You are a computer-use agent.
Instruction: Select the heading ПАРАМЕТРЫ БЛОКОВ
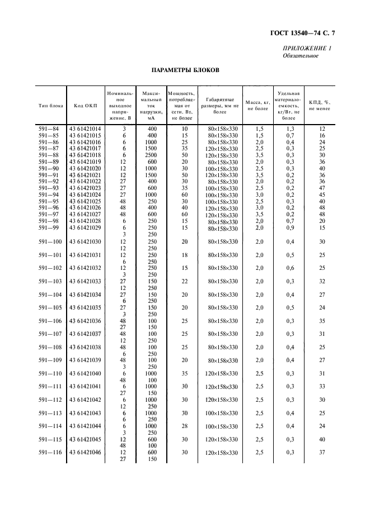185,71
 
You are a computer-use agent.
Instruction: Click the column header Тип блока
50,105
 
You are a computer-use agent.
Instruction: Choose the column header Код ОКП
84,105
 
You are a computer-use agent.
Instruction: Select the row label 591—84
48,129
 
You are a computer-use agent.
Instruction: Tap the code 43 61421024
85,194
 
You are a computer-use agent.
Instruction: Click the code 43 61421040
85,373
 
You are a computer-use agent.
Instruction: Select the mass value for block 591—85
259,136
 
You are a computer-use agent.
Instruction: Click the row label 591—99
48,227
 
